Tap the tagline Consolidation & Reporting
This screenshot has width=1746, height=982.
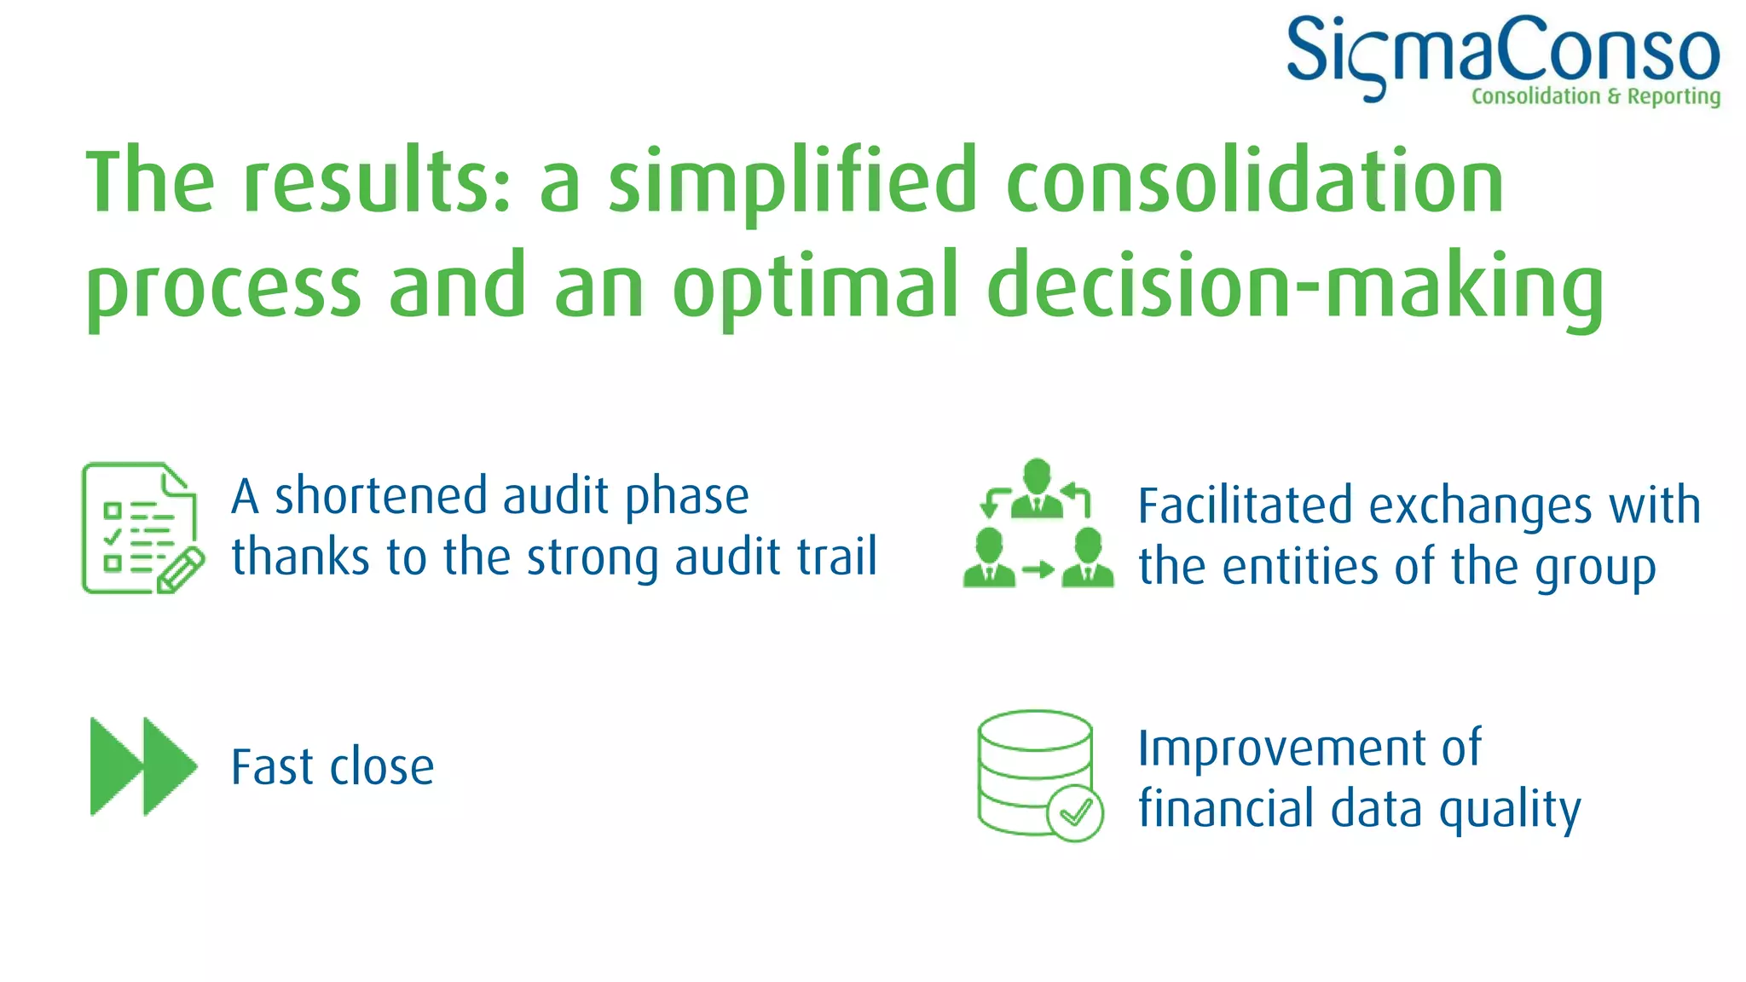tap(1595, 96)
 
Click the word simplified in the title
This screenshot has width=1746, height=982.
tap(791, 182)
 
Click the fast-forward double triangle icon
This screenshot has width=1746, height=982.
tap(142, 766)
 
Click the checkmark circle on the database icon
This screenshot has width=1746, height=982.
tap(1074, 813)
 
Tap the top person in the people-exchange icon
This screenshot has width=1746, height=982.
tap(1037, 489)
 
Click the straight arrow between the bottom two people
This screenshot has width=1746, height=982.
tap(1038, 569)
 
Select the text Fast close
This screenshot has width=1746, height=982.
tap(332, 767)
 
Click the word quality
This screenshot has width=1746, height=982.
tap(1510, 810)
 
